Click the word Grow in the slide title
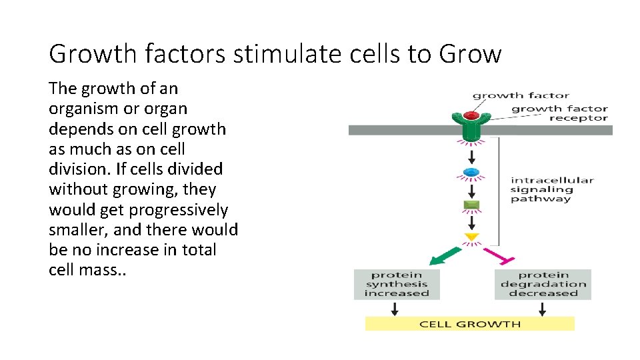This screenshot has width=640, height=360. pos(469,54)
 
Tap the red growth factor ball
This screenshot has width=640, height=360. pos(472,115)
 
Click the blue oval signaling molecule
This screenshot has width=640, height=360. pos(472,173)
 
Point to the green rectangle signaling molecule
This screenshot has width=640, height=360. pos(472,205)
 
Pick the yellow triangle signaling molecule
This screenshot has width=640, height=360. pos(472,237)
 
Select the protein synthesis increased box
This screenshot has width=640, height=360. pos(397,284)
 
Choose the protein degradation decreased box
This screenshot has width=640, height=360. pos(543,284)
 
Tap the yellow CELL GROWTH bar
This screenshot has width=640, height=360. pos(469,324)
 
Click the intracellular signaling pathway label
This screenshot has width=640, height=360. pos(551,189)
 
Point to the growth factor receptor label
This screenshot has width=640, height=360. pos(559,113)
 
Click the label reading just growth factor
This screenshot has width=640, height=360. pos(521,95)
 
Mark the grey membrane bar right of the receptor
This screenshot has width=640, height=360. pos(553,130)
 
